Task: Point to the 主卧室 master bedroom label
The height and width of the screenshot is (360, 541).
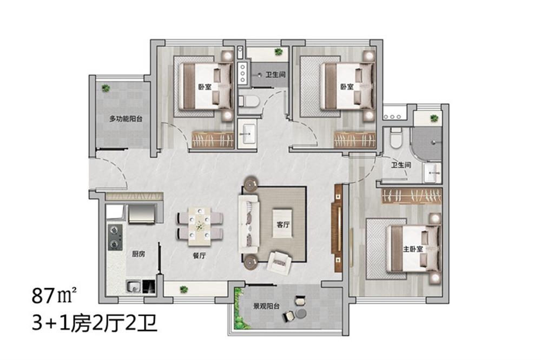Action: [x=413, y=249]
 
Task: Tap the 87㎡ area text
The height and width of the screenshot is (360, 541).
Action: [x=55, y=296]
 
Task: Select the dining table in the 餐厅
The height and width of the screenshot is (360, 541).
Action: [x=200, y=225]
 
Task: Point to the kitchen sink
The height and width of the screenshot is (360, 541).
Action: [x=133, y=286]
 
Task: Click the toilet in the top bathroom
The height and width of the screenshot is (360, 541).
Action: [x=249, y=101]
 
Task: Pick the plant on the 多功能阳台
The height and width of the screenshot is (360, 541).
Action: [x=106, y=88]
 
